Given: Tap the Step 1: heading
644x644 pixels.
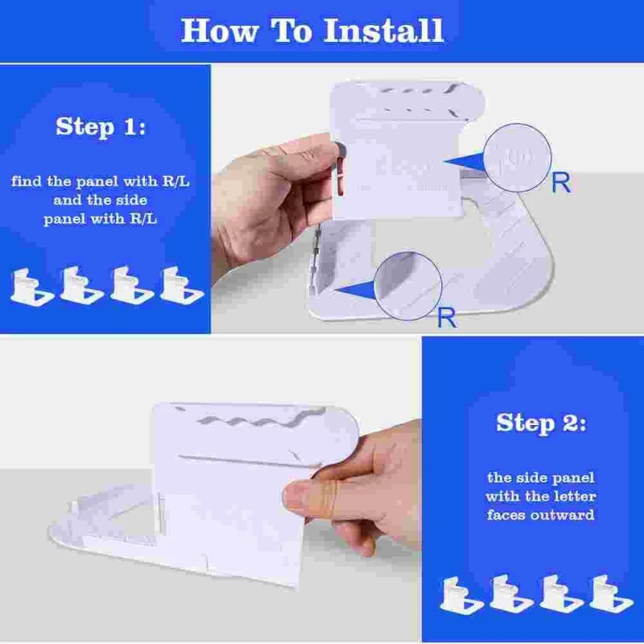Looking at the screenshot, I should [101, 126].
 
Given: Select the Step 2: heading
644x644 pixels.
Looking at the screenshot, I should [540, 422].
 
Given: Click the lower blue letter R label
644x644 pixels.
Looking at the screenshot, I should [446, 317].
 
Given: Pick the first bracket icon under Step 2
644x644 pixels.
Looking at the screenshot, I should [462, 595].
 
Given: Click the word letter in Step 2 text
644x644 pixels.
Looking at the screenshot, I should [572, 496].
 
